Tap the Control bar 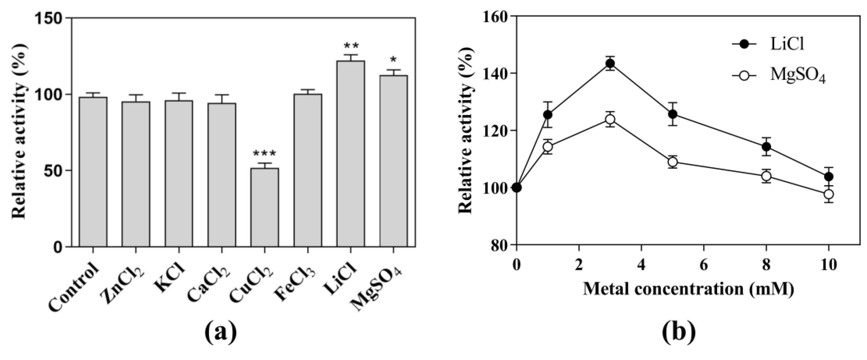tap(93, 172)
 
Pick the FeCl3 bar tap(308, 170)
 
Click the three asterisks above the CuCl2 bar tap(265, 154)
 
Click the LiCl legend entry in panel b tap(771, 45)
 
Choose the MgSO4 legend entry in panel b tap(778, 76)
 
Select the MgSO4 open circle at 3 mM tap(610, 120)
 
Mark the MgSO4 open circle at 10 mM tap(829, 194)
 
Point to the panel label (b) tap(678, 331)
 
